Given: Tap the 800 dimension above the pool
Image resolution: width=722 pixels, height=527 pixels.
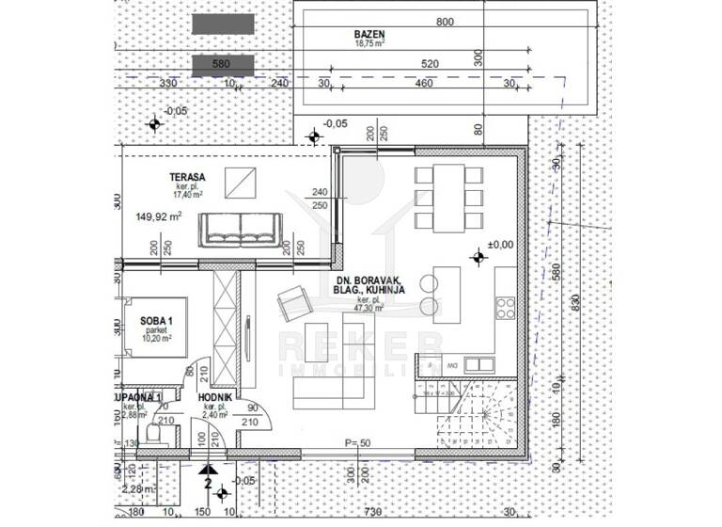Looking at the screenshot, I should click(x=445, y=22).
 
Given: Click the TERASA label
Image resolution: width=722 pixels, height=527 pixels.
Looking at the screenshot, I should click(x=188, y=177).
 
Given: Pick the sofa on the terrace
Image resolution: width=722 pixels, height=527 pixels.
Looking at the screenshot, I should click(x=239, y=228).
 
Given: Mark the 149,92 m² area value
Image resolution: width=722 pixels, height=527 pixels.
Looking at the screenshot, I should click(x=160, y=215).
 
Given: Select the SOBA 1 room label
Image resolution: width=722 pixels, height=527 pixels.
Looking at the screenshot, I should click(x=155, y=322).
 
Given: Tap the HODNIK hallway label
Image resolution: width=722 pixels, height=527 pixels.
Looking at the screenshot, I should click(x=216, y=398).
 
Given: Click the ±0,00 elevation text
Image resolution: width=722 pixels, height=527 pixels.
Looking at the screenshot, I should click(x=500, y=244).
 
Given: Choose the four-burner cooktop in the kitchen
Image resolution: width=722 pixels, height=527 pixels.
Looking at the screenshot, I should click(x=505, y=309).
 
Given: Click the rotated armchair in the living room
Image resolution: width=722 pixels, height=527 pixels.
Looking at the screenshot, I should click(x=293, y=303).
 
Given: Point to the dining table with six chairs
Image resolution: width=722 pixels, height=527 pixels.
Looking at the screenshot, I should click(x=447, y=199).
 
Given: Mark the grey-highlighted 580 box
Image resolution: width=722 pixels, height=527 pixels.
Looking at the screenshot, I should click(x=223, y=65).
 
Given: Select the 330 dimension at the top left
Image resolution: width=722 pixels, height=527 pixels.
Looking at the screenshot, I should click(x=168, y=84).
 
